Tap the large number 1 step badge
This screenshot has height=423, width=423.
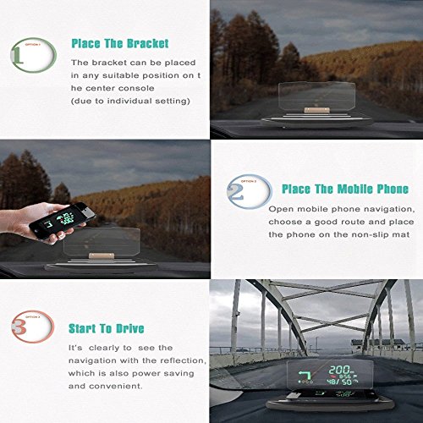tap(25, 55)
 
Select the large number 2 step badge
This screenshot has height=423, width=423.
tap(241, 189)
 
